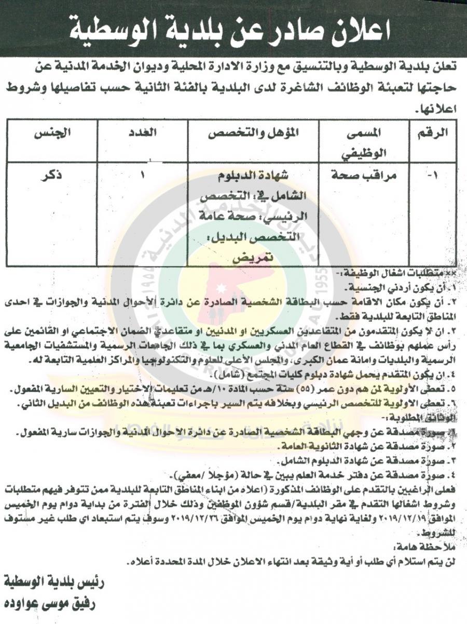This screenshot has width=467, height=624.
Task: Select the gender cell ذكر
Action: click(x=50, y=176)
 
